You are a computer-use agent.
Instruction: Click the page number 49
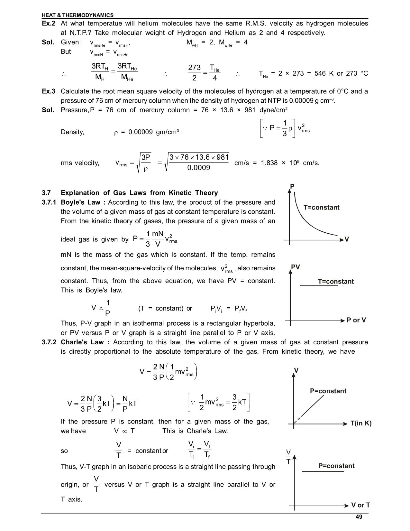pos(359,517)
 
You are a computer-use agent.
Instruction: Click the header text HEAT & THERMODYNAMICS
pos(77,15)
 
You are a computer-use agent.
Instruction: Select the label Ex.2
pos(49,23)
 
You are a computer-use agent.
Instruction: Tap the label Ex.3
pos(49,91)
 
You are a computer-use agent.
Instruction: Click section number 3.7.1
pos(49,202)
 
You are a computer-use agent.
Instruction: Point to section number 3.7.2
pos(49,342)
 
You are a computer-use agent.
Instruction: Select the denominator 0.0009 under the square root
pos(199,168)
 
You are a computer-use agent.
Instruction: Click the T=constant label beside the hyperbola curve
pos(321,208)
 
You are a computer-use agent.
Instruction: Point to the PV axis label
pos(295,267)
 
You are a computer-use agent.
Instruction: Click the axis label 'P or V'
pos(356,320)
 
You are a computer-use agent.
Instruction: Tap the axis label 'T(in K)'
pos(361,423)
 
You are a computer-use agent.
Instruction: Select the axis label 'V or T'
pos(360,505)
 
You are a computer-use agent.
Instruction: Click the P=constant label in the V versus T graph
pos(328,391)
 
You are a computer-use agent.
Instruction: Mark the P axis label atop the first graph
pos(292,187)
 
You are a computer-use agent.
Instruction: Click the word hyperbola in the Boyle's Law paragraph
pos(259,323)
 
